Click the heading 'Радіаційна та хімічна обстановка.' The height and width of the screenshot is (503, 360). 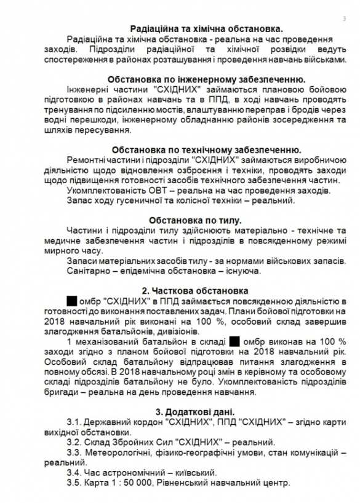207,28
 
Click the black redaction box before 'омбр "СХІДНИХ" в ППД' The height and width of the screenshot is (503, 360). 71,301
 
